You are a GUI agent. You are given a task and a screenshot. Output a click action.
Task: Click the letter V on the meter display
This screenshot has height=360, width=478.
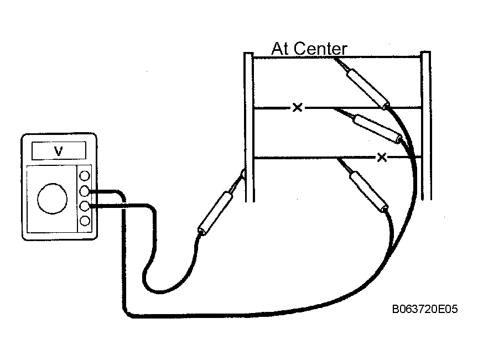point(58,151)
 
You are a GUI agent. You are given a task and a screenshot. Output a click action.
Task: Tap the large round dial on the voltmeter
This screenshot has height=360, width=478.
point(52,199)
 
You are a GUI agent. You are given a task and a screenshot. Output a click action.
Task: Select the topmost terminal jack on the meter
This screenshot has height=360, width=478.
point(85,176)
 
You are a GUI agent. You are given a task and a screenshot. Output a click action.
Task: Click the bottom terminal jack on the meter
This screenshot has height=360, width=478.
point(85,221)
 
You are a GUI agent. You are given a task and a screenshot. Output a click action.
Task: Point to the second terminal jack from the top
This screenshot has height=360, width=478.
point(85,191)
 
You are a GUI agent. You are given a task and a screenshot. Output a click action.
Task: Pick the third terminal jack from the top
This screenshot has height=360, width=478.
point(85,206)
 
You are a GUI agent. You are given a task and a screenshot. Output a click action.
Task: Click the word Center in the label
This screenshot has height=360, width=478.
point(320,49)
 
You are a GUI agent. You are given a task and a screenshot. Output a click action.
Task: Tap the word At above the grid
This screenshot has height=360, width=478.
point(280,49)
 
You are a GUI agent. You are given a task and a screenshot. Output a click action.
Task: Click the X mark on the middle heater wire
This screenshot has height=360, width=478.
point(297,107)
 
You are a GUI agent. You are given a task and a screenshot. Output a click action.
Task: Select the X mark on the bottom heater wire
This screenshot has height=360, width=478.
point(382,157)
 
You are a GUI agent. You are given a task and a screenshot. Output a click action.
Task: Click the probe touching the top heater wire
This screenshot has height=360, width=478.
point(363,83)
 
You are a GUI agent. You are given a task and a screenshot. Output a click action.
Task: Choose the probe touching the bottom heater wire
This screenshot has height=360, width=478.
point(363,185)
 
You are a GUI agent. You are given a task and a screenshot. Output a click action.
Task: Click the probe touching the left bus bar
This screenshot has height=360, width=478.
point(220,202)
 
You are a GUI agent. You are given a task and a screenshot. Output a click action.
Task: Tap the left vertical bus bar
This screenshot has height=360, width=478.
point(249,127)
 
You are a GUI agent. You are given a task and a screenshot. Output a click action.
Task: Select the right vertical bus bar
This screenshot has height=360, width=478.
point(426,126)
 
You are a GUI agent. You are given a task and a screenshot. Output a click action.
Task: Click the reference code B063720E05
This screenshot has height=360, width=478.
point(425,309)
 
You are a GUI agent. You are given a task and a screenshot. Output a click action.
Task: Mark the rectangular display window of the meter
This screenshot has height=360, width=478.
point(59,150)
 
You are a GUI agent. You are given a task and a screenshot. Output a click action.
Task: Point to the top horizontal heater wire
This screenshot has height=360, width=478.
point(337,57)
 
